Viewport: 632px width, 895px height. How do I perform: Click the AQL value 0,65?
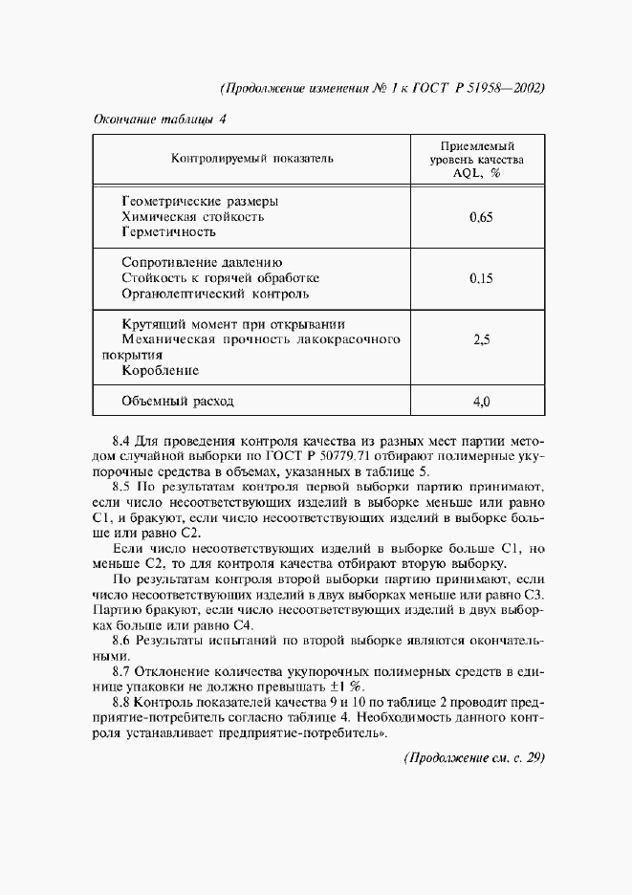[x=482, y=218]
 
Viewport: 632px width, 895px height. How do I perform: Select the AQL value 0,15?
[x=482, y=278]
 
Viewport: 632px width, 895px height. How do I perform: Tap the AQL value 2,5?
[x=482, y=338]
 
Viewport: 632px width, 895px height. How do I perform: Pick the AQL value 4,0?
[x=482, y=402]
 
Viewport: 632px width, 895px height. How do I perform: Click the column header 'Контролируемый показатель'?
[x=252, y=160]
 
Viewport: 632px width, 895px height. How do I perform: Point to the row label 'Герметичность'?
[x=170, y=232]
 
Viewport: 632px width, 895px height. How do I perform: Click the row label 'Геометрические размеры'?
[x=201, y=203]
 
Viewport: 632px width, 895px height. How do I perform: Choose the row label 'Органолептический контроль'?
[x=216, y=293]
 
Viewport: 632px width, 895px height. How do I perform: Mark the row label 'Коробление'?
[x=161, y=369]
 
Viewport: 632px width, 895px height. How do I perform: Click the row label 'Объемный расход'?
[x=178, y=402]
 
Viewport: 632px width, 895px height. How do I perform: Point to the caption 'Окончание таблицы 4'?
[x=159, y=120]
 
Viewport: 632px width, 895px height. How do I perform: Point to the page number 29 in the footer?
[x=534, y=757]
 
